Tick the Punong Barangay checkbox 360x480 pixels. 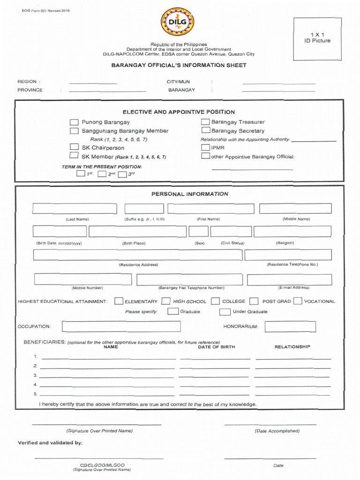(x=74, y=122)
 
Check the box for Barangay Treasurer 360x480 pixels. (x=205, y=122)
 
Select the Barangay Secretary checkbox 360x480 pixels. (x=205, y=131)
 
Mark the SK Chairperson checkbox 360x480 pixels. (x=74, y=148)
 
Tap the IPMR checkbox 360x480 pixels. (x=205, y=148)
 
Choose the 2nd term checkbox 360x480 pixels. (x=102, y=174)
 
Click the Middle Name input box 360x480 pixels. (x=295, y=209)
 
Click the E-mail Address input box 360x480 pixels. (x=289, y=279)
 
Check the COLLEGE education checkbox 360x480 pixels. (x=215, y=301)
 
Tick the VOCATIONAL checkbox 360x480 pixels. (x=297, y=301)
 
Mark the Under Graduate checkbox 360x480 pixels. (x=225, y=311)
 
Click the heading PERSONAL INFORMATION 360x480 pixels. (x=190, y=194)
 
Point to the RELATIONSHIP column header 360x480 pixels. (x=292, y=347)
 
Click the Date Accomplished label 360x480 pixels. (x=277, y=431)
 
